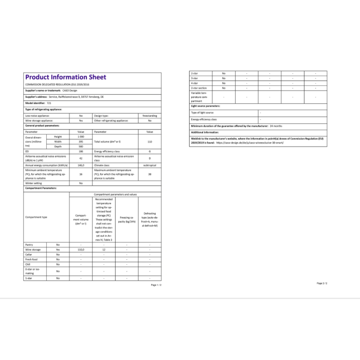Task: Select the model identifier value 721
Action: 49,103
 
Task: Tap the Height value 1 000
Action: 81,137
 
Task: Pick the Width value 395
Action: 81,141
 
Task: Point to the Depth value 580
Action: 81,147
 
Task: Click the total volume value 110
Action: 150,141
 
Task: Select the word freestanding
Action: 150,116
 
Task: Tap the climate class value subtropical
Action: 150,165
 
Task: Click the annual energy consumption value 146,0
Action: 81,165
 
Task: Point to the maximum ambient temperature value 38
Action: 150,174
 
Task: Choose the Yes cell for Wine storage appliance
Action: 81,120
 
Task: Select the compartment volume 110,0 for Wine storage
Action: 81,249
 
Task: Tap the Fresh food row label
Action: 32,259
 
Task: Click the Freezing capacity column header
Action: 127,219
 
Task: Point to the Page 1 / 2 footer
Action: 156,284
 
